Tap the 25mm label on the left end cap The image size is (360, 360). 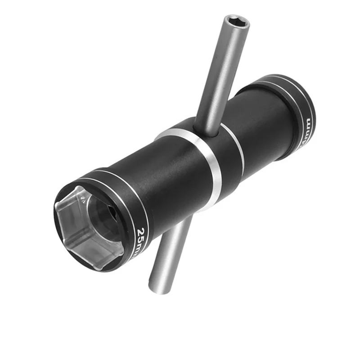click(x=143, y=238)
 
